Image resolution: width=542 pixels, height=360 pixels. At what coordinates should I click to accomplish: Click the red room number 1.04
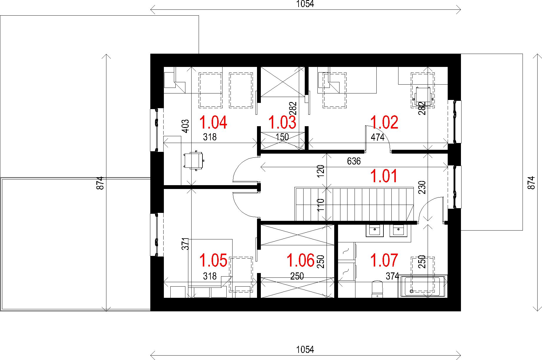click(x=213, y=123)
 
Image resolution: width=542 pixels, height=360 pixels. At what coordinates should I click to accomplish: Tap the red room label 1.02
click(x=384, y=123)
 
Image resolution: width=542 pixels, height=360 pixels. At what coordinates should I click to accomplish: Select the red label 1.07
click(x=384, y=260)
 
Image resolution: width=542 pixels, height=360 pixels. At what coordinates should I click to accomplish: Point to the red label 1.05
click(x=213, y=260)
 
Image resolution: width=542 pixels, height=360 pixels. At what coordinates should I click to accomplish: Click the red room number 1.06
click(x=301, y=260)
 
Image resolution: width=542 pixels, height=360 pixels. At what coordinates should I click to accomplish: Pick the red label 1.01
click(x=384, y=176)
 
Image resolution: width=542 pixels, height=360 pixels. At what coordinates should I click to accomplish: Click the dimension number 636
click(x=354, y=161)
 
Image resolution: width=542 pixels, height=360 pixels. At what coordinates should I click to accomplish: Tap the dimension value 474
click(x=378, y=137)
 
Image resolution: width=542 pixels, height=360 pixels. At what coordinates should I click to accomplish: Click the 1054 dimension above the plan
click(x=305, y=4)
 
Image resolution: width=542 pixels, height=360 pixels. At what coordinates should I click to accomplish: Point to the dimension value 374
click(x=392, y=276)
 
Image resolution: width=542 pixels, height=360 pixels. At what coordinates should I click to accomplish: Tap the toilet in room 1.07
click(x=377, y=289)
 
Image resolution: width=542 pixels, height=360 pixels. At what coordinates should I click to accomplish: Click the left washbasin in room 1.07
click(x=375, y=231)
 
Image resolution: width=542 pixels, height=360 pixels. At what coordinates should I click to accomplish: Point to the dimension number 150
click(x=282, y=137)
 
